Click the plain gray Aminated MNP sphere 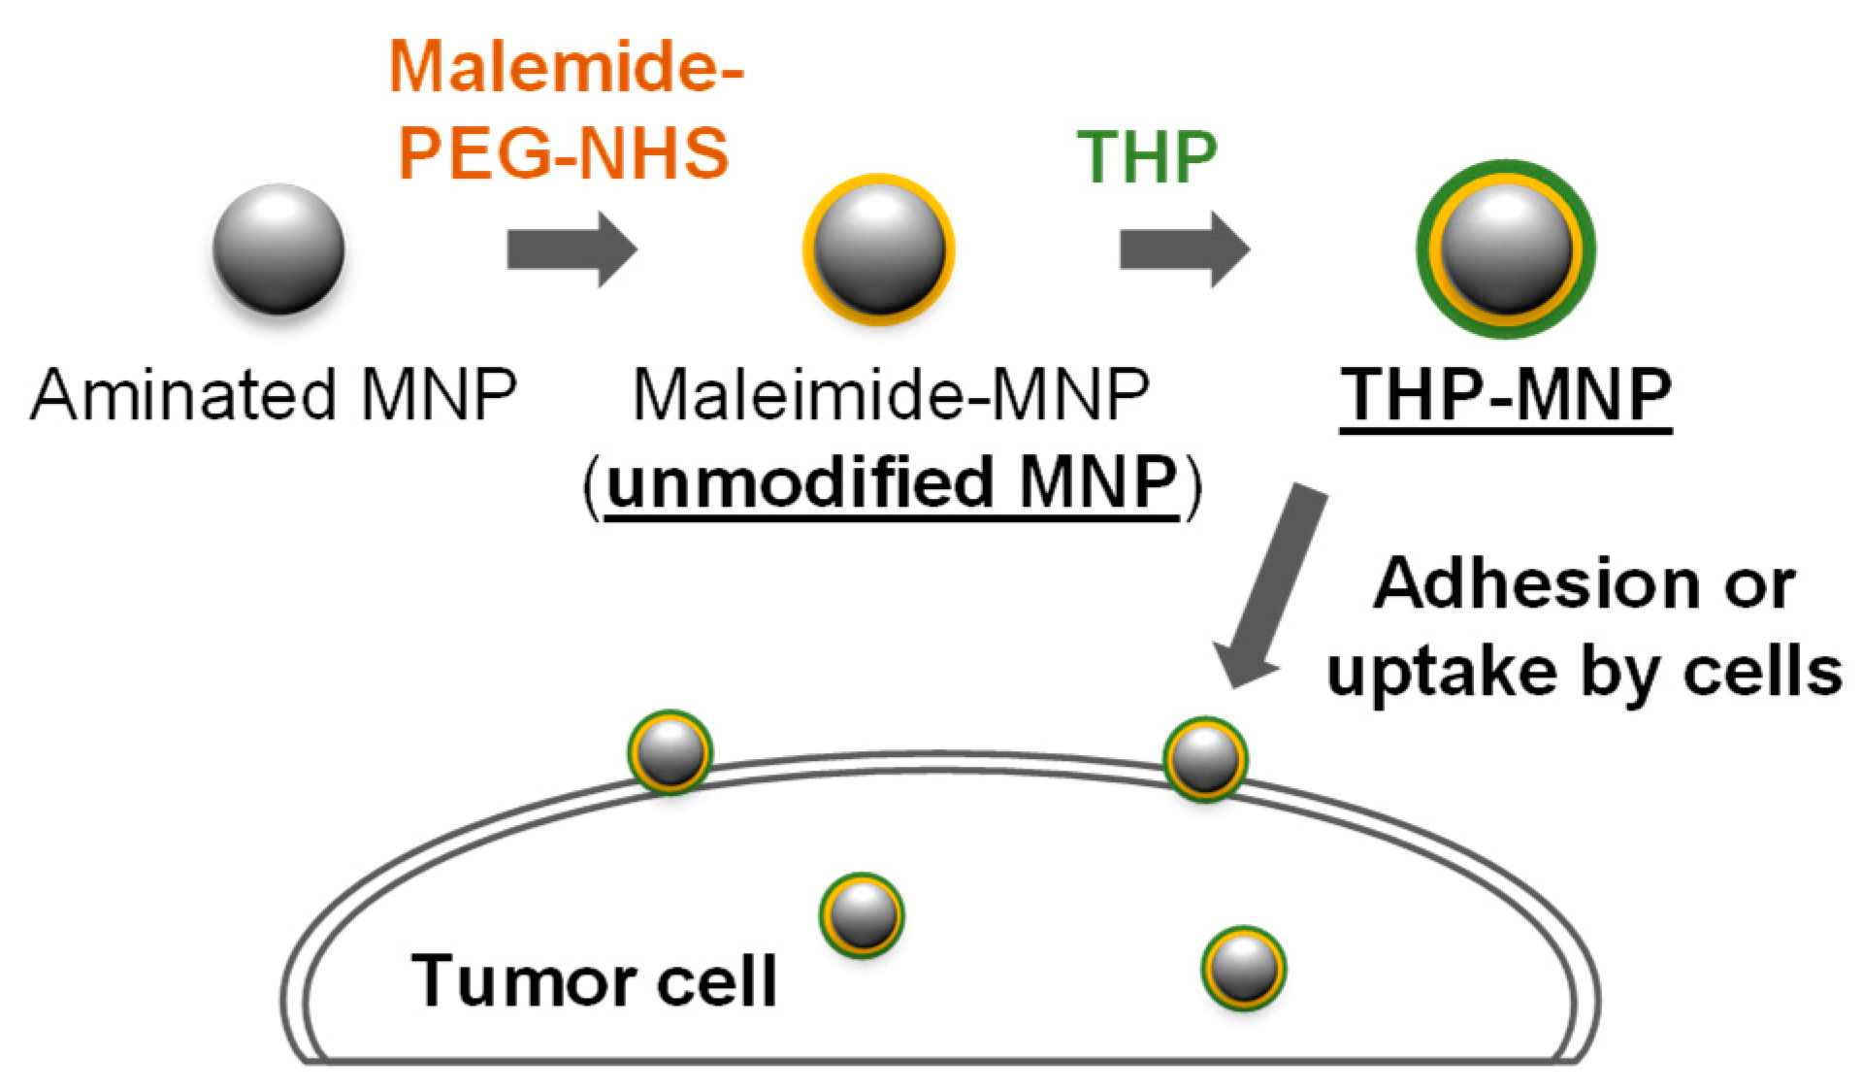coord(278,249)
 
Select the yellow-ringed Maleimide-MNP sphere coord(878,249)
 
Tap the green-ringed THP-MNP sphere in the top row coord(1506,249)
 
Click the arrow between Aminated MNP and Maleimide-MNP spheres coord(572,249)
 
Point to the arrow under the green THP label coord(1184,249)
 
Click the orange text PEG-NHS coord(564,152)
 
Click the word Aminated coord(183,395)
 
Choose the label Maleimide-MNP coord(891,395)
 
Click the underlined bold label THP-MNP coord(1506,395)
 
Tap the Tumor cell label coord(594,980)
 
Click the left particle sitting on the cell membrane coord(670,752)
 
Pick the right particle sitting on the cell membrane coord(1205,759)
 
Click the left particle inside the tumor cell coord(862,915)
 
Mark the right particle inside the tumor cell coord(1244,968)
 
